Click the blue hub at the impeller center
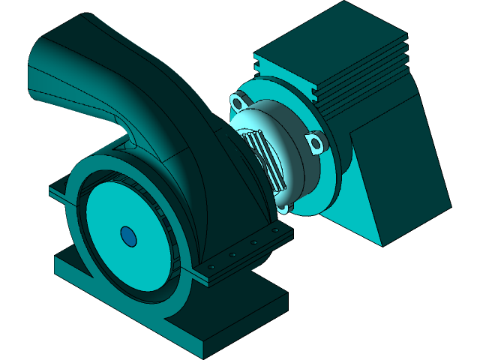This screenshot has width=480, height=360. point(128,237)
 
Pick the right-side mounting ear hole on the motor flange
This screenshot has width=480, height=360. point(317,142)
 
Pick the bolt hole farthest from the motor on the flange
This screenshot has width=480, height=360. point(212,265)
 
